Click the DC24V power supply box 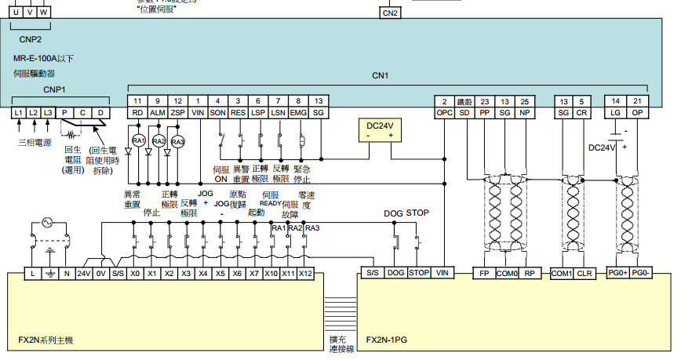[x=379, y=130]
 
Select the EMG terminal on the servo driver [x=298, y=113]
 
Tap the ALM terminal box [x=158, y=113]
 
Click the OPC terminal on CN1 [x=444, y=113]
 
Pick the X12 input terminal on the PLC [x=306, y=273]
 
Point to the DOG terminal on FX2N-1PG [x=395, y=273]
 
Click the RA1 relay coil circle [x=138, y=141]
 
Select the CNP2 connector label [x=31, y=38]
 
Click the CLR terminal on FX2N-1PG [x=584, y=273]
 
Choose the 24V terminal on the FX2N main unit [x=84, y=273]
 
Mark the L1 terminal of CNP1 [x=19, y=113]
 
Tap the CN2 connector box [x=390, y=13]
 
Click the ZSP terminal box [x=177, y=113]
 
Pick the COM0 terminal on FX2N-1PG [x=507, y=273]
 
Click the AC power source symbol [x=42, y=222]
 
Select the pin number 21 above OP [x=638, y=101]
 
